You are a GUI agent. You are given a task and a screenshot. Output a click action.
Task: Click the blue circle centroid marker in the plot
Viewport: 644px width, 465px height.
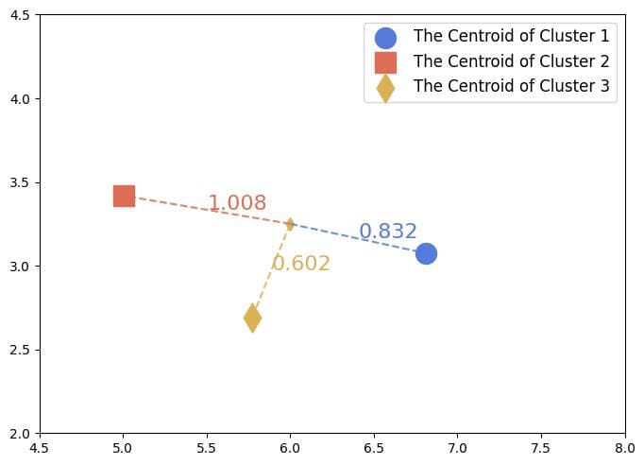click(x=426, y=253)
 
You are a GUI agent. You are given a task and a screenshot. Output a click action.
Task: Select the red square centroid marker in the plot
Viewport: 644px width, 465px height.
click(x=124, y=196)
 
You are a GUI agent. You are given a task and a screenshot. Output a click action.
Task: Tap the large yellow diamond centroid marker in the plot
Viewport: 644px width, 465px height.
click(x=252, y=318)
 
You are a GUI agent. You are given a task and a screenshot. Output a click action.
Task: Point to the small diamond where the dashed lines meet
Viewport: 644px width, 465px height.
click(x=290, y=224)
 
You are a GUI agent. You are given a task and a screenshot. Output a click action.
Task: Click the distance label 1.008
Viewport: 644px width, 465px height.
click(x=237, y=203)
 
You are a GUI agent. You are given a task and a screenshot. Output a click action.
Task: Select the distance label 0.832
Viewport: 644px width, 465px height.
click(x=388, y=232)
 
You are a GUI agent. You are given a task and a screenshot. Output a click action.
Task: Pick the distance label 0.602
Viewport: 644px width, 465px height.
click(x=301, y=264)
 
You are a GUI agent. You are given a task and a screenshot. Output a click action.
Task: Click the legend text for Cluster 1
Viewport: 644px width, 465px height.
click(x=511, y=37)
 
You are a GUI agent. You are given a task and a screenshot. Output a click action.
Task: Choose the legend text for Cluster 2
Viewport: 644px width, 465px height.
click(x=511, y=61)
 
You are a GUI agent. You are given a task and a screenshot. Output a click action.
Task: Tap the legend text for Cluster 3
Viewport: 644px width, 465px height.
click(x=511, y=86)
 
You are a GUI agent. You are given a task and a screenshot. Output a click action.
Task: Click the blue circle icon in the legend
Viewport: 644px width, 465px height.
click(x=385, y=38)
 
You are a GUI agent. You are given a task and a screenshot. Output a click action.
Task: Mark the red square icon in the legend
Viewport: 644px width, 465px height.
click(x=385, y=62)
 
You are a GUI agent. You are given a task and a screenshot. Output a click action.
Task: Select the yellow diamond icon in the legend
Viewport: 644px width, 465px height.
click(x=385, y=87)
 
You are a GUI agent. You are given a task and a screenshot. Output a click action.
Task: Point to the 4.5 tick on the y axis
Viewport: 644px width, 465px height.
click(x=22, y=15)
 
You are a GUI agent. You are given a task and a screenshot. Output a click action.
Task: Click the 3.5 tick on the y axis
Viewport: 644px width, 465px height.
click(x=22, y=182)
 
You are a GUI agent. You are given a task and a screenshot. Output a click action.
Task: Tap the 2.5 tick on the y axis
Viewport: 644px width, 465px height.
click(x=22, y=350)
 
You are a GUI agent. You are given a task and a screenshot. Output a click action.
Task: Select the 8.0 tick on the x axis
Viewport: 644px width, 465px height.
click(x=624, y=448)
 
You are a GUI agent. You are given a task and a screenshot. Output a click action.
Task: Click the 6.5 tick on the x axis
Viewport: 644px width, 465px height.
click(x=374, y=448)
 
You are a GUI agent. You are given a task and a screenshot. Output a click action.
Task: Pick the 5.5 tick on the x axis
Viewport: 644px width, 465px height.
click(x=207, y=448)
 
